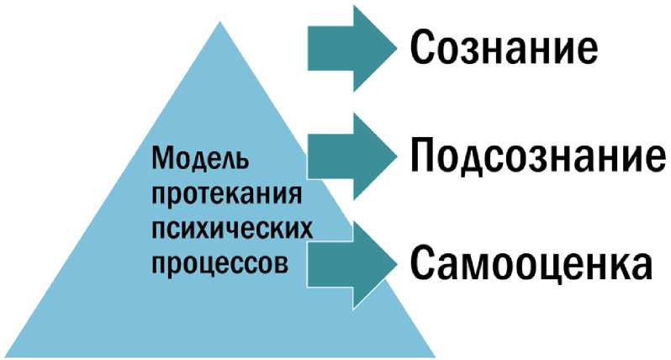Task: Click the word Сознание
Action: point(504,48)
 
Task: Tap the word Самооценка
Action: point(531,264)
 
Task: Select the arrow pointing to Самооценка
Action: point(351,262)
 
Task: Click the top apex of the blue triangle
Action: point(220,22)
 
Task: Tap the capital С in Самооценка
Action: point(425,263)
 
